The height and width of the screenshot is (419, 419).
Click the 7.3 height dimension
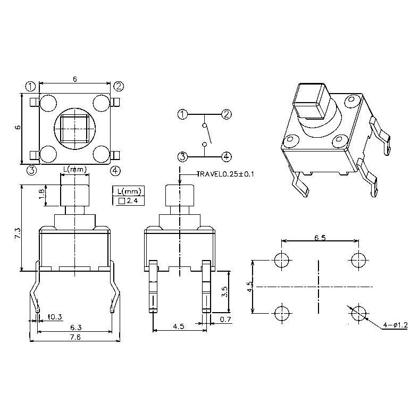coord(18,232)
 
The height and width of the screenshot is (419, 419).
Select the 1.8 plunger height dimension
coord(42,195)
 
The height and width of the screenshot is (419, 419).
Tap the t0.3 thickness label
coord(55,317)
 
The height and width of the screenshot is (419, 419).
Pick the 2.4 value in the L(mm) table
coord(132,201)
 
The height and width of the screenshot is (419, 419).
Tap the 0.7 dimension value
coord(225,319)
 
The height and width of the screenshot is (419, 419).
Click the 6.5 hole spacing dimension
coord(320,238)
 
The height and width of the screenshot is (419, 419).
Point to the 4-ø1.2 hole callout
coord(395,325)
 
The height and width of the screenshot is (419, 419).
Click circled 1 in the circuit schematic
coord(182,114)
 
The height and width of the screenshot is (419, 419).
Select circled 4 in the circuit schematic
coord(227,156)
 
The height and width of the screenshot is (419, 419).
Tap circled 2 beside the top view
coord(119,86)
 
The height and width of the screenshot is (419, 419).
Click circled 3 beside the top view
coord(31,170)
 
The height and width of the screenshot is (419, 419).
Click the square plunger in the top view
coord(74,128)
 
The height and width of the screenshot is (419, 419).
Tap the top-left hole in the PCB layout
coord(282,259)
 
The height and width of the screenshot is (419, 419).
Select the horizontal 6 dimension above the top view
coord(75,79)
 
